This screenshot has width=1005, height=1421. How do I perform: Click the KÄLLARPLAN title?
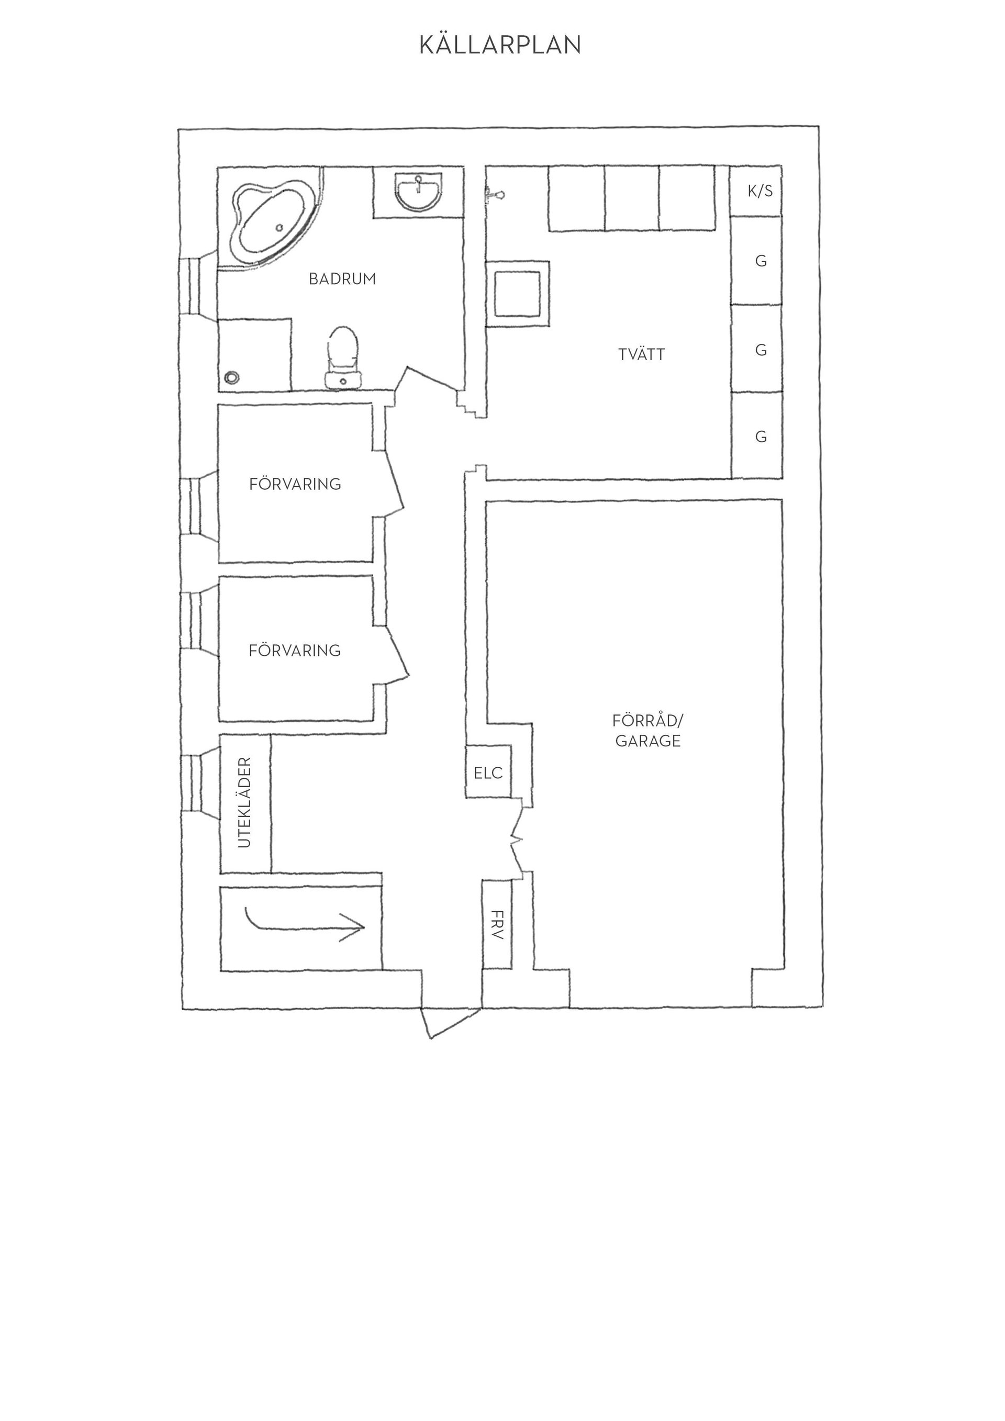[500, 45]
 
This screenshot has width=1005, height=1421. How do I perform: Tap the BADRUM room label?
[342, 279]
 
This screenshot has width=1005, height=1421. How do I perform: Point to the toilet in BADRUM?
[343, 357]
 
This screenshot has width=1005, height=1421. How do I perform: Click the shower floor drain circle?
[232, 377]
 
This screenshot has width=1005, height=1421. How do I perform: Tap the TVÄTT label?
[641, 355]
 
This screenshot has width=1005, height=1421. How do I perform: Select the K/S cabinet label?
[760, 191]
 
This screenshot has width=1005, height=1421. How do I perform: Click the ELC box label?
[488, 773]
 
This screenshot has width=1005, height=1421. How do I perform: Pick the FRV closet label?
[497, 925]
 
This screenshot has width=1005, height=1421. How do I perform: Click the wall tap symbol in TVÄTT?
[495, 196]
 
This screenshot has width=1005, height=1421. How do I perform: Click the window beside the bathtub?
[198, 286]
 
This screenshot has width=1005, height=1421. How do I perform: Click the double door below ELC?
[517, 840]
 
